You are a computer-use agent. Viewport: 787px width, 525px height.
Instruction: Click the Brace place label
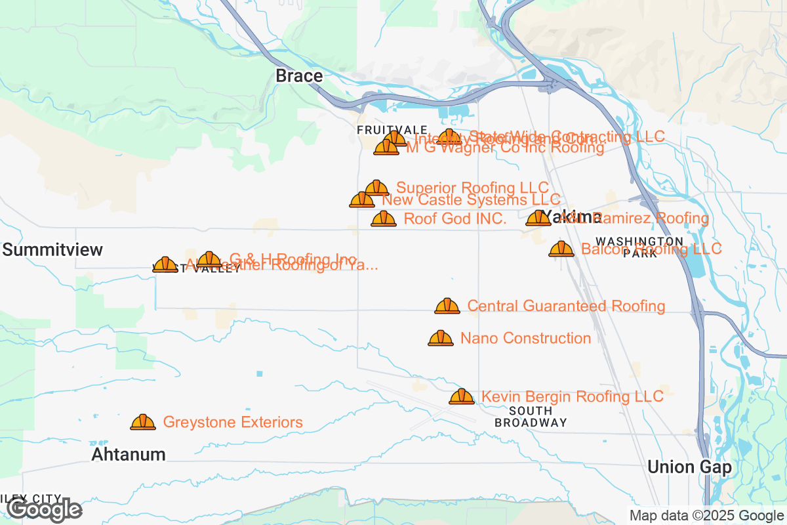[299, 76]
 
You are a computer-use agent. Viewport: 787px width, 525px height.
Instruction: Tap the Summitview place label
[53, 249]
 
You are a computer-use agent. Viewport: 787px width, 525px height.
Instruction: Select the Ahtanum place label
[129, 454]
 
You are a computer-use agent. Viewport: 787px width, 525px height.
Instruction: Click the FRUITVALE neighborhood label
[392, 130]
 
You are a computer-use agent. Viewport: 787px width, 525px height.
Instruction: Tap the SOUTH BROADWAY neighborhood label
[531, 416]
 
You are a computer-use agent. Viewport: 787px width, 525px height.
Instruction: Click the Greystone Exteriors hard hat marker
[143, 422]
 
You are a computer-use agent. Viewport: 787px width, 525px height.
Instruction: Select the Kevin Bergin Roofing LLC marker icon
[462, 396]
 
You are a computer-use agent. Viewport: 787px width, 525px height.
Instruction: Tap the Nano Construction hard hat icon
[441, 338]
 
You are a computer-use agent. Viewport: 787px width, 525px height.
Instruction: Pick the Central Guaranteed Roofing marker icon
[447, 306]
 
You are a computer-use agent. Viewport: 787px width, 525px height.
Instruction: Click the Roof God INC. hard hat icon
[384, 219]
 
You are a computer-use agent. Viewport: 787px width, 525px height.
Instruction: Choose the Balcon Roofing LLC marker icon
[561, 249]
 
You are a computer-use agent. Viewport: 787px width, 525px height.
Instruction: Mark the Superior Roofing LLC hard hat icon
[376, 188]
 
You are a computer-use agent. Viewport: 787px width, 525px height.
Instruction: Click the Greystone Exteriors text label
[233, 422]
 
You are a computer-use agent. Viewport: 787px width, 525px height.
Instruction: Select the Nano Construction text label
[525, 338]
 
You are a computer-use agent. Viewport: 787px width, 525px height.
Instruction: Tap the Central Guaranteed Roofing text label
[566, 306]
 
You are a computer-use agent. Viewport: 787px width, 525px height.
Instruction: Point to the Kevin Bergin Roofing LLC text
[572, 396]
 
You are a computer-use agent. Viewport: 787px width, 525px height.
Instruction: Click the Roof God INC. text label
[455, 219]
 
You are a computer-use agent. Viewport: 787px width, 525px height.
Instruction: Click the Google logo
[45, 509]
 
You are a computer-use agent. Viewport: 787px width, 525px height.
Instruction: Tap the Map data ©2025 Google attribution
[707, 515]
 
